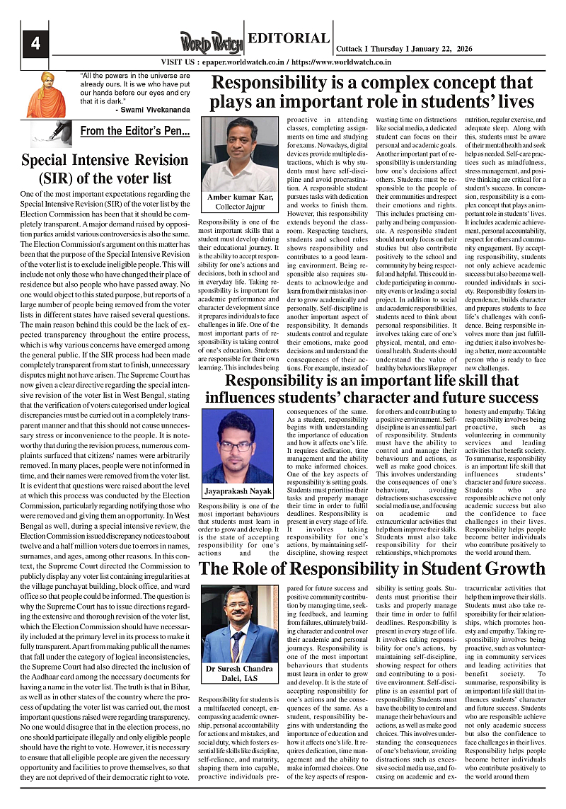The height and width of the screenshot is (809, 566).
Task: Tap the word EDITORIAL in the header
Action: click(x=288, y=39)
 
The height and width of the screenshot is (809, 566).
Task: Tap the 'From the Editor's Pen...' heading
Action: click(x=134, y=131)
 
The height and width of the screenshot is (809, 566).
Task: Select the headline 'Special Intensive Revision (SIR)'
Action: click(x=105, y=169)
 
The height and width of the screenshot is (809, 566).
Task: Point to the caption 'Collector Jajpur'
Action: click(x=240, y=206)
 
